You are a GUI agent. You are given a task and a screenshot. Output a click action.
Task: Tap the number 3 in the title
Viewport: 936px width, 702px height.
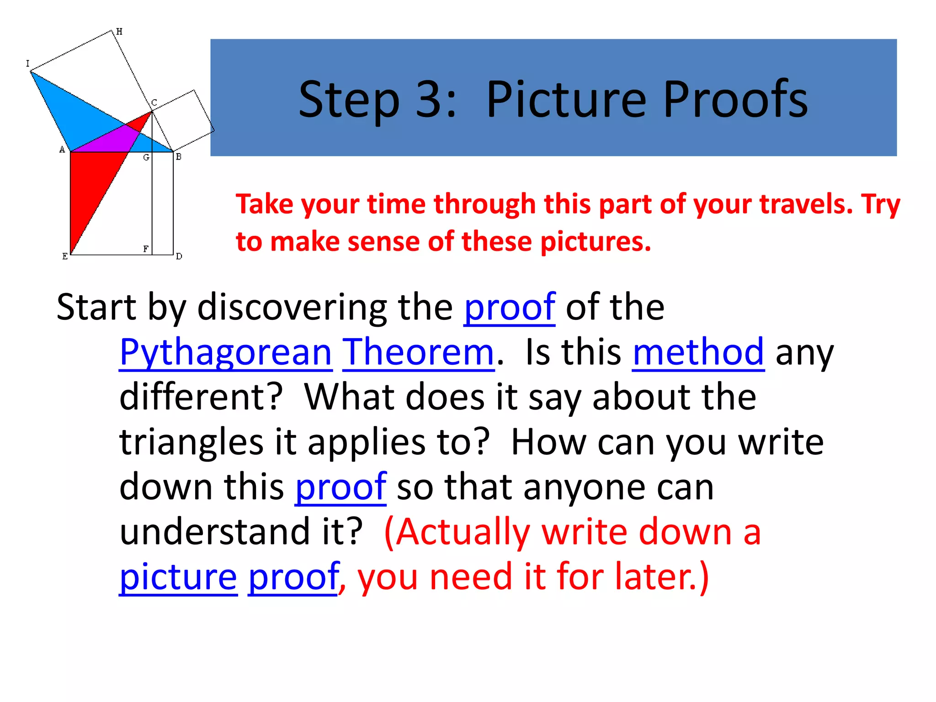428,100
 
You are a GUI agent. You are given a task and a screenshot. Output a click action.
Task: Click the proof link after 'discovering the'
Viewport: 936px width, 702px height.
509,307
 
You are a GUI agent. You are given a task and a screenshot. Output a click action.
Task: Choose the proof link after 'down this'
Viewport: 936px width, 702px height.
340,487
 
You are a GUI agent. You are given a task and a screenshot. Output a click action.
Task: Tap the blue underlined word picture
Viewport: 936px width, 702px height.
178,576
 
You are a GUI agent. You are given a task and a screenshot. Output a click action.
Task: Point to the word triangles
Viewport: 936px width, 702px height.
191,442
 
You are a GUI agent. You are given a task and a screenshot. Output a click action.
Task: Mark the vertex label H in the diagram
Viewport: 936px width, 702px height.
119,32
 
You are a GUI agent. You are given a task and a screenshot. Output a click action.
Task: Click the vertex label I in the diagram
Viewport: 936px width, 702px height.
27,64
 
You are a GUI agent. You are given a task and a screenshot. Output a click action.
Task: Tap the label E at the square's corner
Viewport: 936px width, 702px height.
65,256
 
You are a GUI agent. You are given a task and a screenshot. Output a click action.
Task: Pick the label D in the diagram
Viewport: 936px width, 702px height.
179,256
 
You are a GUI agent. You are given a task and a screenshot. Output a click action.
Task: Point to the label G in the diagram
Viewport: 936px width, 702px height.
146,158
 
